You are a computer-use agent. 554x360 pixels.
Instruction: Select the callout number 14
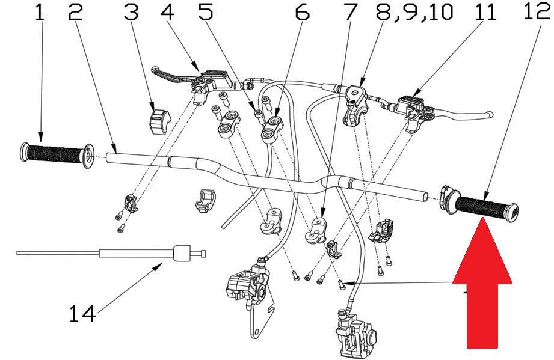click(82, 313)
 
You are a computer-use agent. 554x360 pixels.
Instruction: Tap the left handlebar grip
click(57, 156)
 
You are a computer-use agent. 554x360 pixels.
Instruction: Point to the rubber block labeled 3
click(158, 122)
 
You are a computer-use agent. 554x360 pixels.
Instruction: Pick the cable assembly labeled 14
click(111, 253)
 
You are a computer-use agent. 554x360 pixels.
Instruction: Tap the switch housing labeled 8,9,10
click(355, 105)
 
